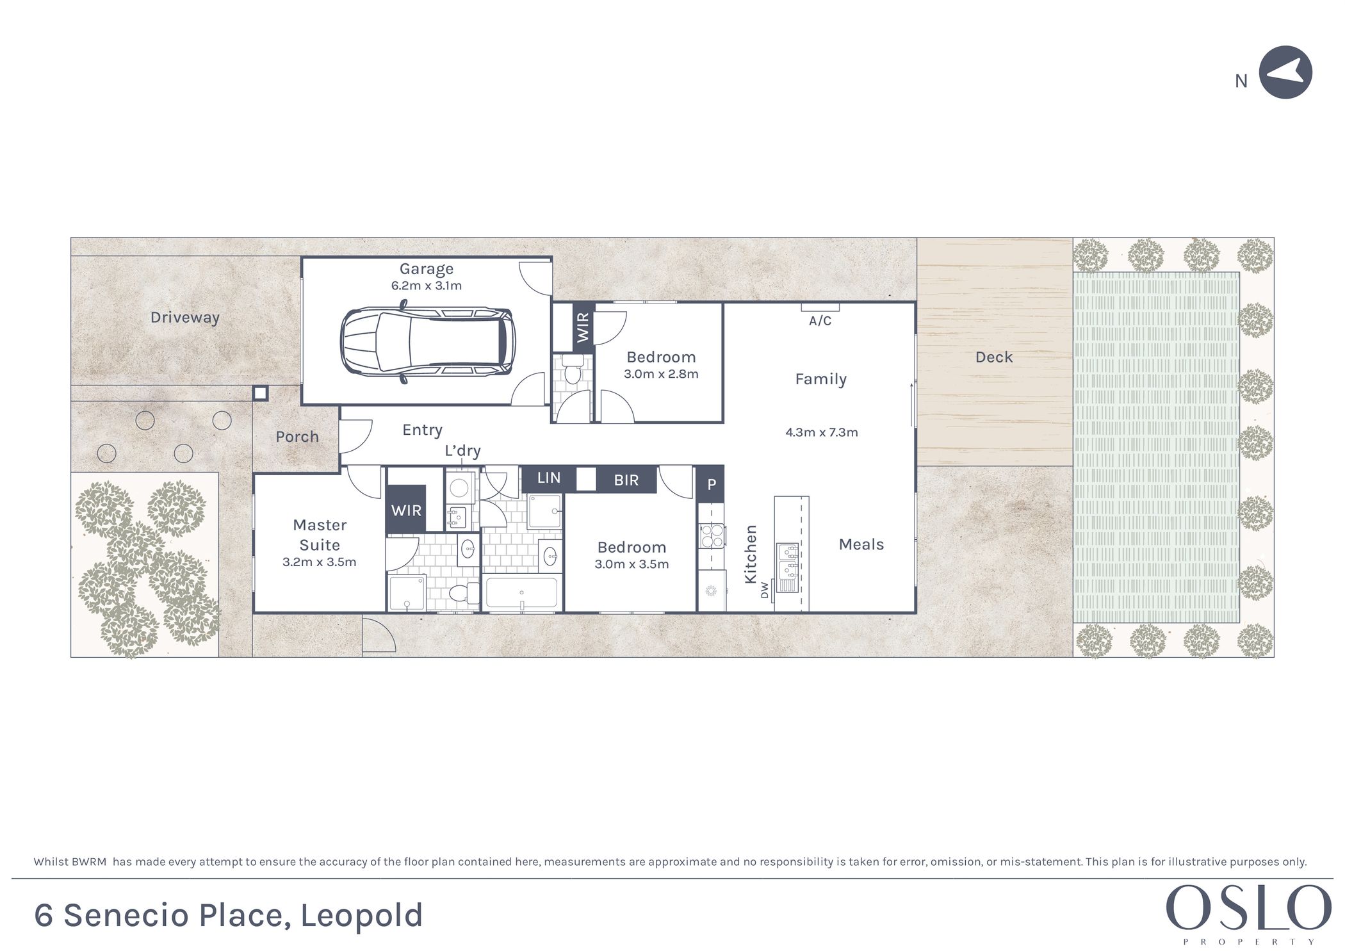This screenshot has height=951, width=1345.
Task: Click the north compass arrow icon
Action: coord(1285,72)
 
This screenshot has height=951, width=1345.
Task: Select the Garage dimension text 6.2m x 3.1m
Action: coord(427,286)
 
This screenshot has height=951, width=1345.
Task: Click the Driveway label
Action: coord(185,318)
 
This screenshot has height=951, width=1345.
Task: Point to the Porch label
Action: coord(297,437)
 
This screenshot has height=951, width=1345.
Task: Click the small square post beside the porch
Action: coord(260,393)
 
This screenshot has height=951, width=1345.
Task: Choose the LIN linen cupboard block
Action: coord(549,478)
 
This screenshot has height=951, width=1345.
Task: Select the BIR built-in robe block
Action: coord(626,480)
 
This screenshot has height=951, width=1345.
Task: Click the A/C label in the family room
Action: coord(820,321)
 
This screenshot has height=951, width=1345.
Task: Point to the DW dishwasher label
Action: coord(764,590)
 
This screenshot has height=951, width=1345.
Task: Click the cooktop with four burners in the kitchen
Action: coord(712,536)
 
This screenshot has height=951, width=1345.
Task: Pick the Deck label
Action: coord(994,357)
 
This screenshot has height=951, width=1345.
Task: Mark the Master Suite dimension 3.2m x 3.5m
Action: coord(319,562)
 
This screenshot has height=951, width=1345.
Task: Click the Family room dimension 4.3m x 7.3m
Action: coord(822,432)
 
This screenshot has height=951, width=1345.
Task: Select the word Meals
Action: coord(861,544)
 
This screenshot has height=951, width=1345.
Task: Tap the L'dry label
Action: coord(462,451)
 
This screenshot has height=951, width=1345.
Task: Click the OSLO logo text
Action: coord(1248,908)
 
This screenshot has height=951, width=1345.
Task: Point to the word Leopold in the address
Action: coord(362,916)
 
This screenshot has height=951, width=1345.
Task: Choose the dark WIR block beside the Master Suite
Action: coord(406,510)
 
